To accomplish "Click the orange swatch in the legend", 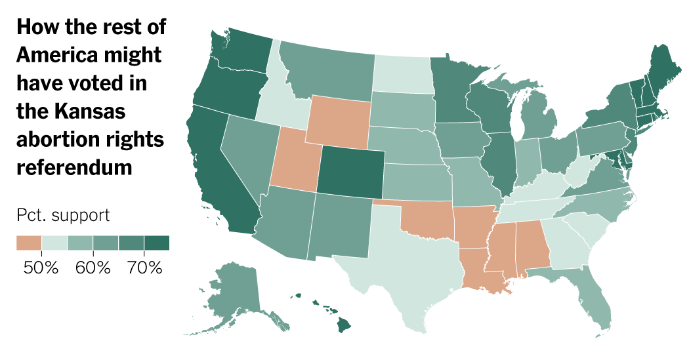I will pos(28,243).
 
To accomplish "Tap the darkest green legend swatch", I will pos(156,243).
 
